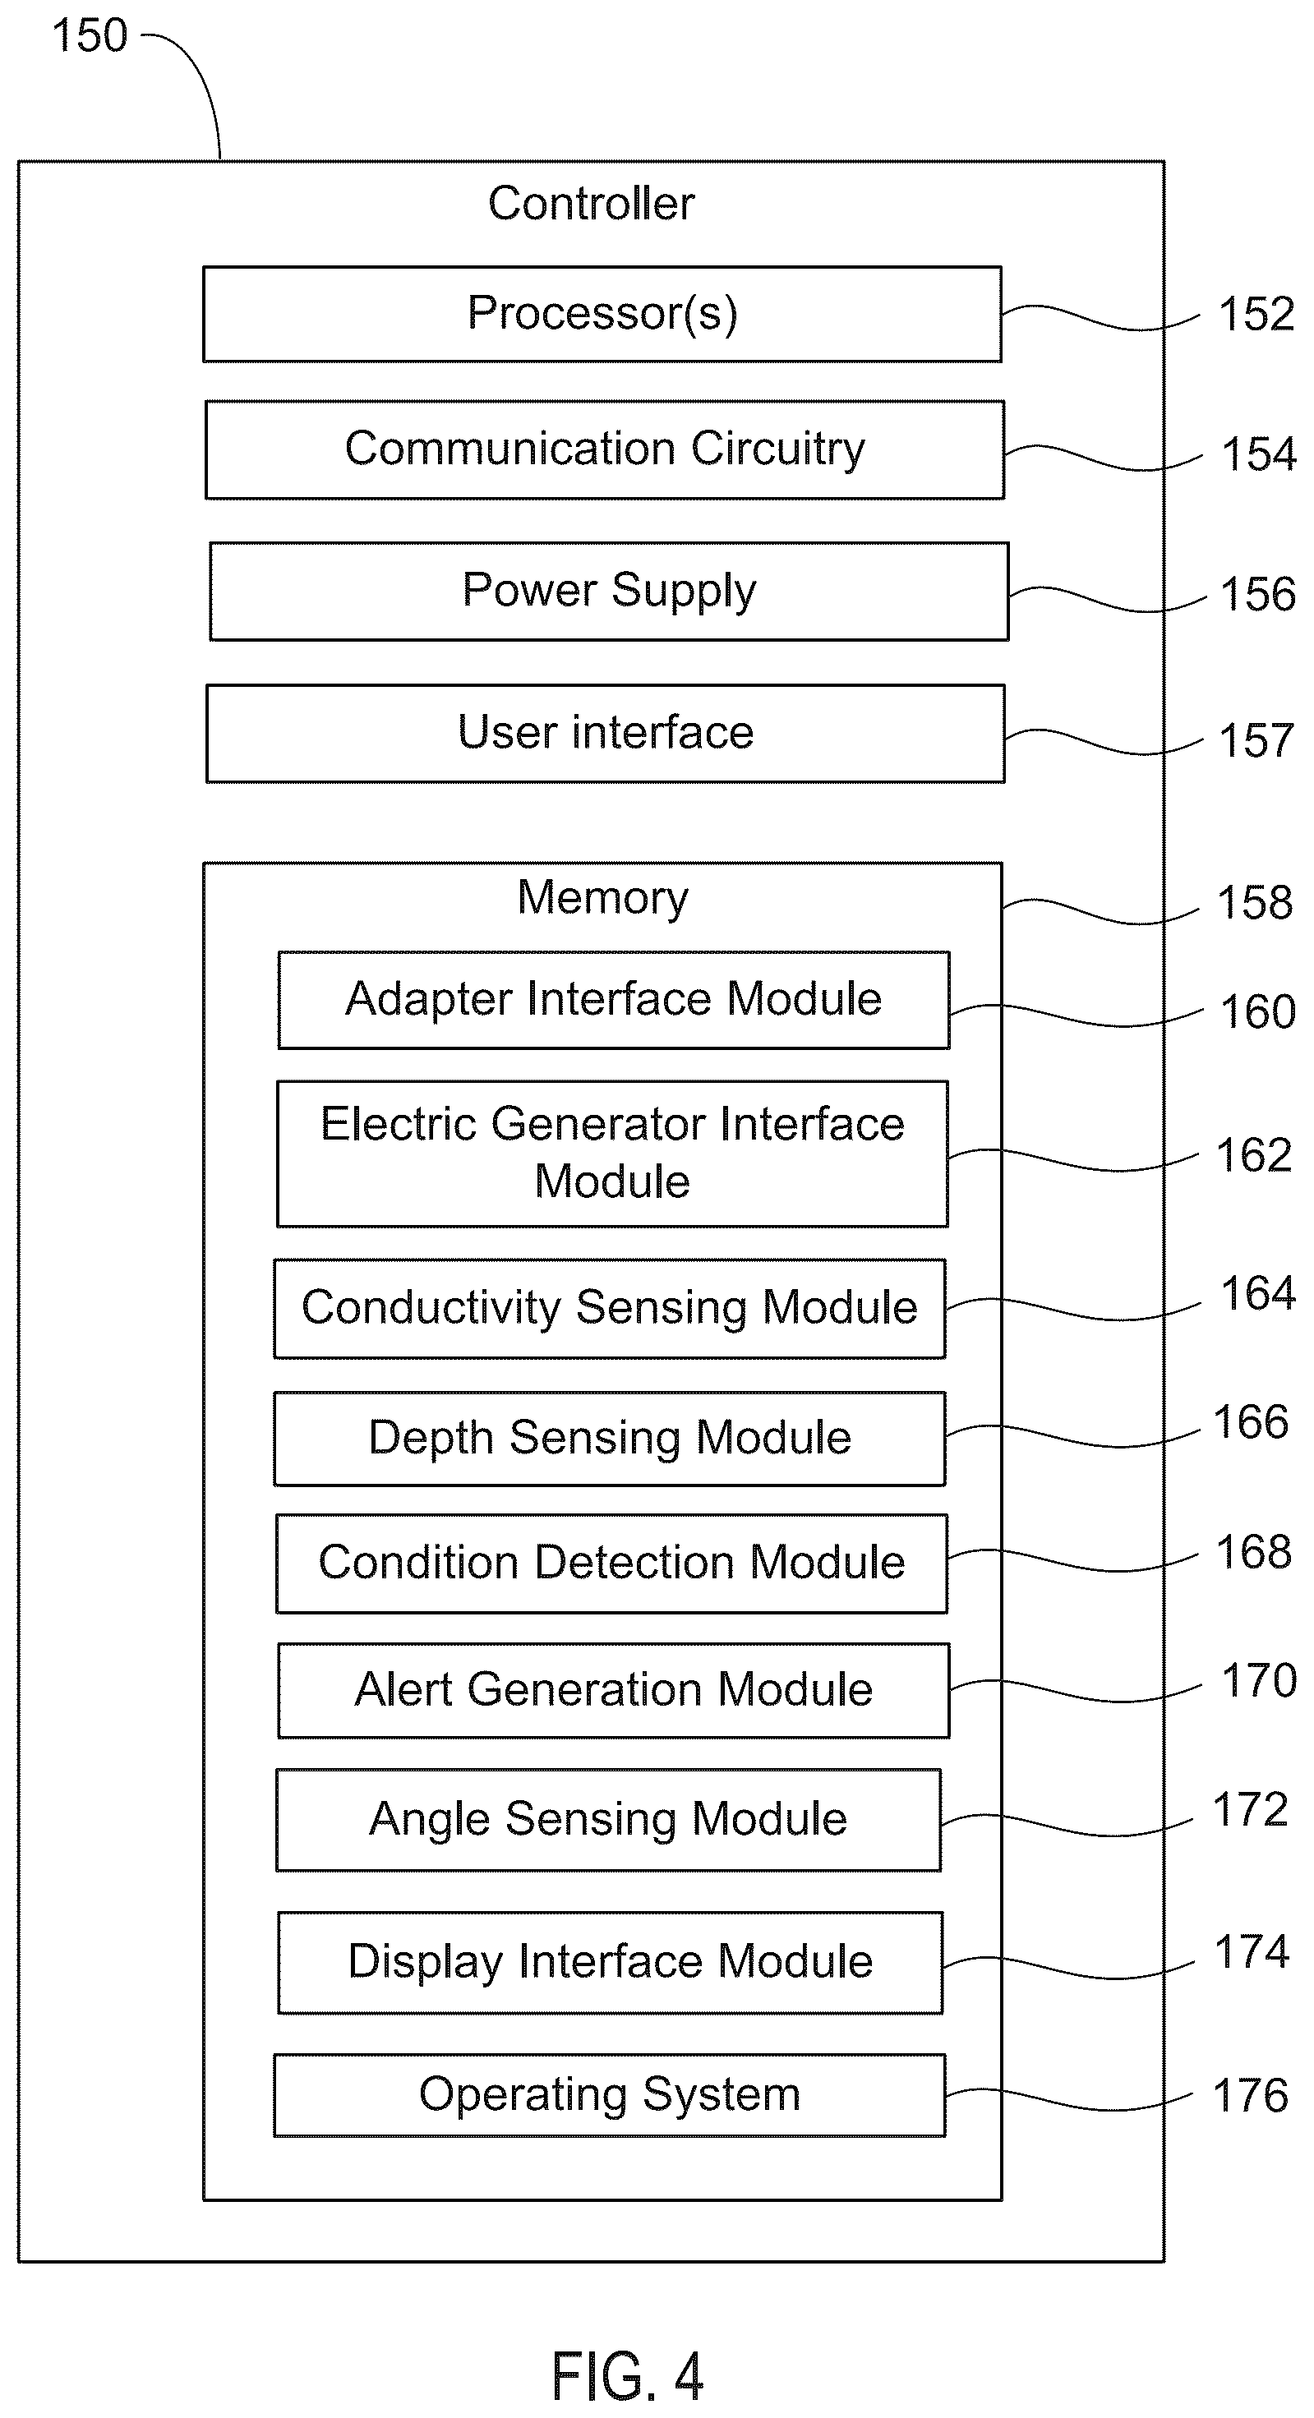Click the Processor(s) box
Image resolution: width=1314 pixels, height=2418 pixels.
click(602, 315)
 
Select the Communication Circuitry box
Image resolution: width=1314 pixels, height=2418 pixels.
click(605, 449)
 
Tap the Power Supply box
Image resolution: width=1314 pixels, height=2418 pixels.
click(609, 592)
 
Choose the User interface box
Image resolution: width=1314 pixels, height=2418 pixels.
click(606, 733)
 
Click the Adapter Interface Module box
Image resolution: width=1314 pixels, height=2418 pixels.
click(614, 1000)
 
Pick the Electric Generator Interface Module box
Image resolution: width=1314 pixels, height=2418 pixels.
click(612, 1154)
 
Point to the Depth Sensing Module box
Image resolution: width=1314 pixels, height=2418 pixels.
click(609, 1438)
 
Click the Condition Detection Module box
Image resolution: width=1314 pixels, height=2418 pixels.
click(611, 1563)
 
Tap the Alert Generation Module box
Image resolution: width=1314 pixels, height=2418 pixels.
click(614, 1689)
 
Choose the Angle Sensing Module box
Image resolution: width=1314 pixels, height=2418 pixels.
click(608, 1819)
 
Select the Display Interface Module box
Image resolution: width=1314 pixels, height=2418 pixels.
click(610, 1962)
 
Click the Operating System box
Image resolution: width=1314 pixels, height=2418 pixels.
click(609, 2095)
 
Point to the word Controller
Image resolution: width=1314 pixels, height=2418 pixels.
click(592, 203)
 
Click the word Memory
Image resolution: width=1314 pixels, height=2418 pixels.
click(602, 897)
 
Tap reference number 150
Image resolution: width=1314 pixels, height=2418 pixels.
click(90, 35)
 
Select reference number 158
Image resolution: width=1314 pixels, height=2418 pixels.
click(1254, 902)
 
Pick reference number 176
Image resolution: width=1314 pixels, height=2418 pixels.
click(1250, 2095)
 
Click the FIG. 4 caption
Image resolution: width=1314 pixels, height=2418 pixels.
click(627, 2376)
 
